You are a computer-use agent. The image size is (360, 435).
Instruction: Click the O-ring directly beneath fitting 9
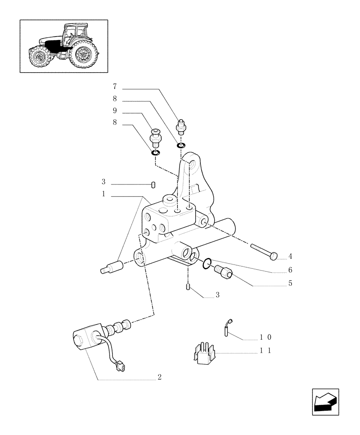[x=155, y=152]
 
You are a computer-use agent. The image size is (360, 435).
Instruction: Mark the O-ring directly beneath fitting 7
[x=181, y=144]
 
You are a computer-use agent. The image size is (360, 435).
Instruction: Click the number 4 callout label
[x=290, y=257]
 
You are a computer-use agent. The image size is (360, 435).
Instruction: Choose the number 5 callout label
[x=290, y=283]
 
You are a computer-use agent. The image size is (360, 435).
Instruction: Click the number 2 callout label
[x=160, y=377]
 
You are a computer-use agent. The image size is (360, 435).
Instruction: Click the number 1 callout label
[x=103, y=194]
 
